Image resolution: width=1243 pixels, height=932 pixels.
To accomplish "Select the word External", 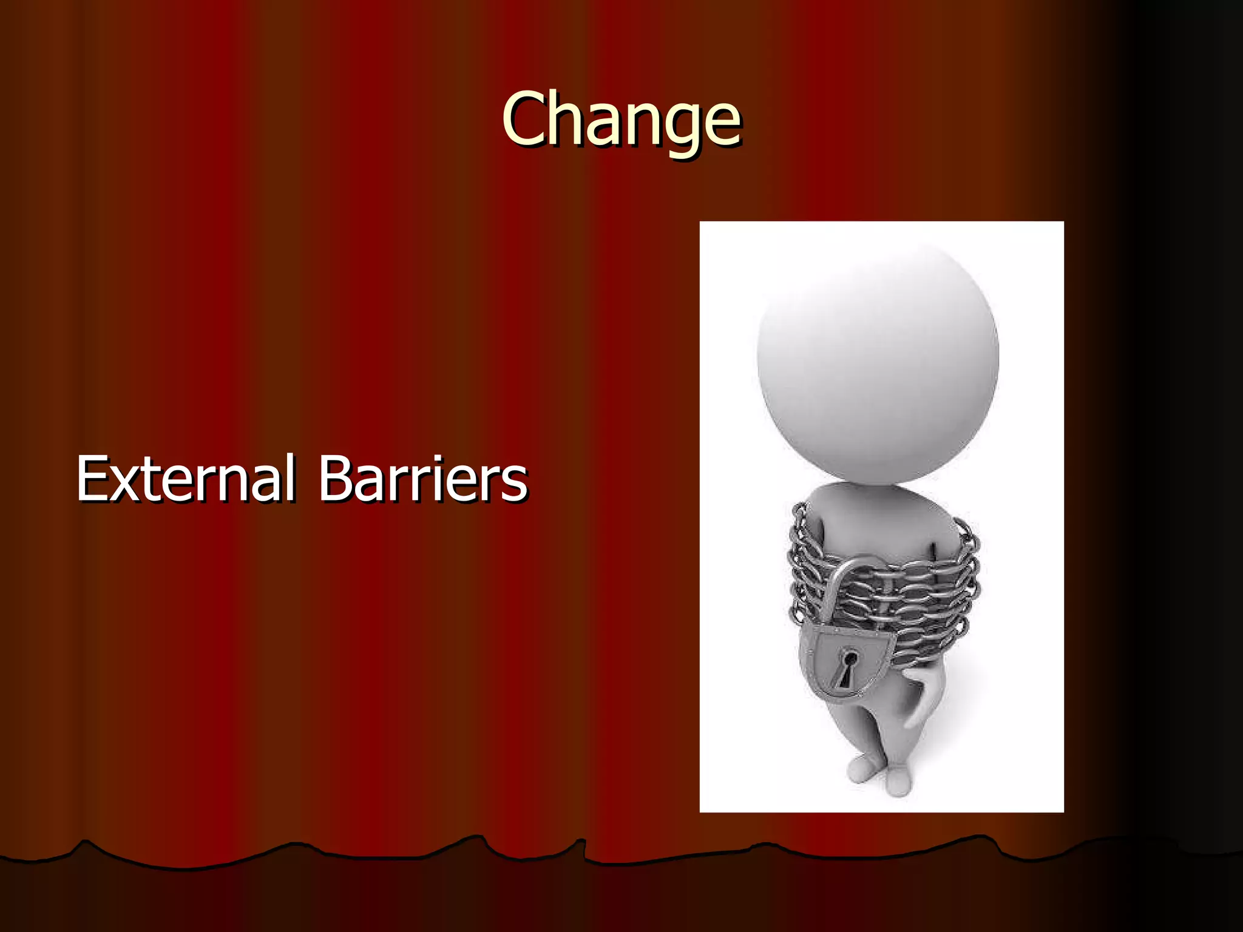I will tap(185, 479).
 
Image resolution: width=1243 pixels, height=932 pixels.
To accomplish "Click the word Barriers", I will tap(423, 479).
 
